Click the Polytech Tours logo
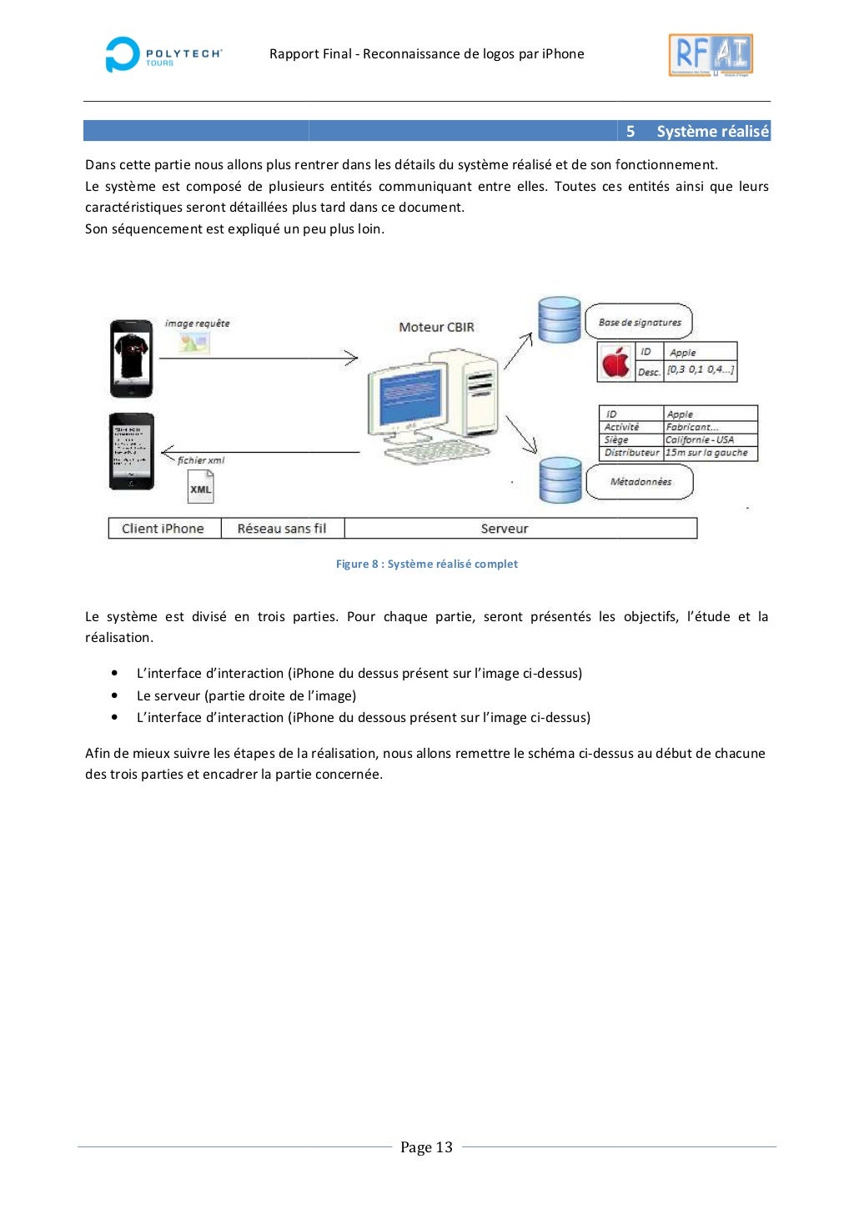pos(163,55)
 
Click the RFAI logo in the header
pos(711,55)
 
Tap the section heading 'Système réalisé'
pos(711,132)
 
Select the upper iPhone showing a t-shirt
pos(132,358)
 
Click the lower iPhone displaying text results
pos(132,451)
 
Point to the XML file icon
pos(200,487)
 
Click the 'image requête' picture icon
pos(194,341)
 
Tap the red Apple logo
pos(615,363)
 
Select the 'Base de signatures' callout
pos(639,322)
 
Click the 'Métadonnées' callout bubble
pos(640,482)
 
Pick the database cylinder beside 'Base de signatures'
pos(559,320)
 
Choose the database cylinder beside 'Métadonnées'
pos(560,480)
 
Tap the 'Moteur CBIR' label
pos(436,327)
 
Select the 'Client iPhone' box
pos(163,529)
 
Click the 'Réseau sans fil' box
pos(282,529)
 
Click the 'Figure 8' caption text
pos(426,564)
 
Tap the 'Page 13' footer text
pos(426,1147)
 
